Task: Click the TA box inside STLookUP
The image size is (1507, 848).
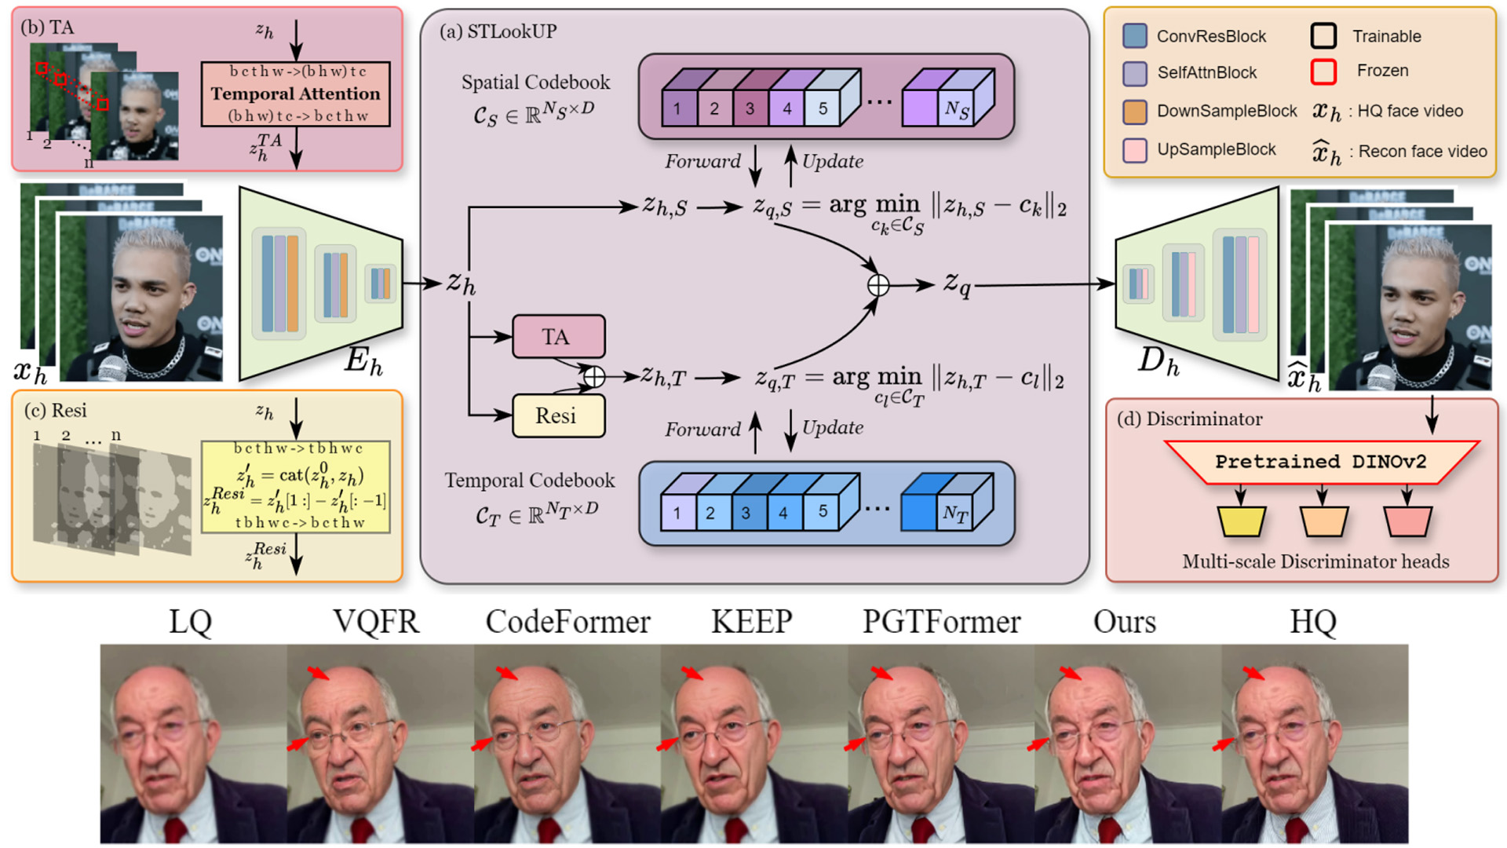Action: (558, 337)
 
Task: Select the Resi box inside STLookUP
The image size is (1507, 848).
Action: (558, 415)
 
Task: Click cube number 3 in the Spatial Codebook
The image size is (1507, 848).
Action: (750, 108)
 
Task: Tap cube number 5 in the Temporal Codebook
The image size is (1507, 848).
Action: (822, 512)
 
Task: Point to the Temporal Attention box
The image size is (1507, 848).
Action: (295, 93)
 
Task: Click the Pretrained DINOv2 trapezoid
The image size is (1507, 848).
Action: (1320, 462)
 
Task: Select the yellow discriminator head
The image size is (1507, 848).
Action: (1241, 521)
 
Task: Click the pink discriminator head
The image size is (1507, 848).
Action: (1407, 521)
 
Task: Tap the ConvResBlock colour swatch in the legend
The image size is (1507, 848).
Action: (1135, 36)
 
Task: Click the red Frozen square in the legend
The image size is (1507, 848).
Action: (1323, 71)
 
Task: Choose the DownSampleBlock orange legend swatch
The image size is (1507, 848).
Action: (1135, 111)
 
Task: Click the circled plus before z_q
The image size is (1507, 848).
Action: (878, 285)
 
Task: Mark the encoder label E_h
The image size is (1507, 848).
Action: (363, 361)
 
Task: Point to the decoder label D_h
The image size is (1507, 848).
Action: (1159, 361)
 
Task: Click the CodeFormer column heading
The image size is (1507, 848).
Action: (567, 622)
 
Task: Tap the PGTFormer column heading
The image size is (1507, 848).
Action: (941, 622)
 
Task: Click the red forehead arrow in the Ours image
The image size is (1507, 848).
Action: (1069, 674)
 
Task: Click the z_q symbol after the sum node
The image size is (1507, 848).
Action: (957, 283)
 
